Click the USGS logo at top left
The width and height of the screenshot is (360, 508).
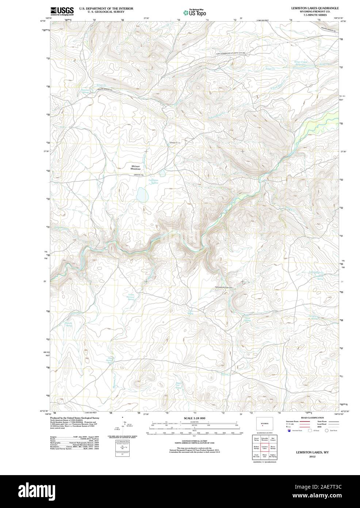click(x=62, y=11)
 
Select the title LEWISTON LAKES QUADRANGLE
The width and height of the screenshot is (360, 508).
click(x=315, y=7)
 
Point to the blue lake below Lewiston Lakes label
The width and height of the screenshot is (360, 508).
click(x=142, y=195)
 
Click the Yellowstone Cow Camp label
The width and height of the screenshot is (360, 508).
click(x=224, y=288)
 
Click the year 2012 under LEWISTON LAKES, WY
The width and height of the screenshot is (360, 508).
click(x=312, y=456)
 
